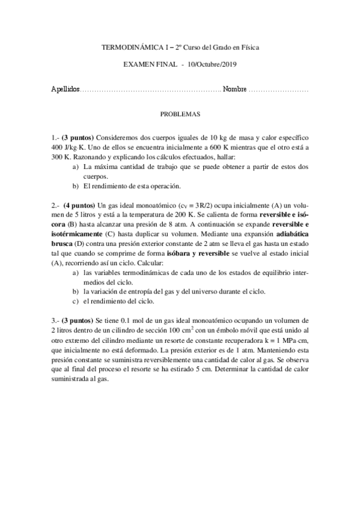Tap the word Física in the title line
250,47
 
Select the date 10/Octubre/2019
216,64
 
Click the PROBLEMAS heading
180,114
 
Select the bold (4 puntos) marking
79,204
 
